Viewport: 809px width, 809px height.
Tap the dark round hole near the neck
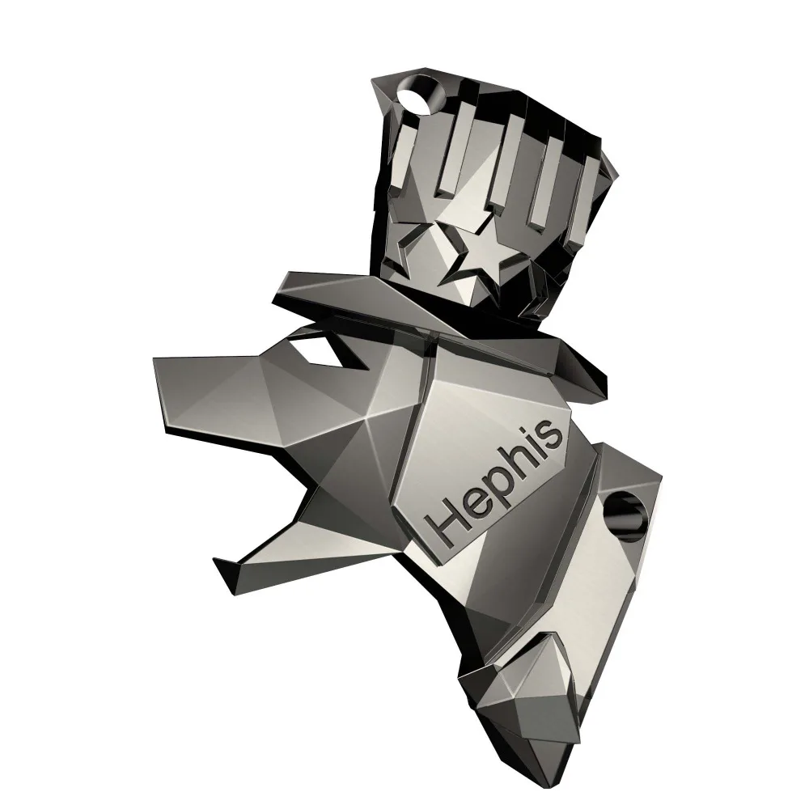[626, 515]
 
